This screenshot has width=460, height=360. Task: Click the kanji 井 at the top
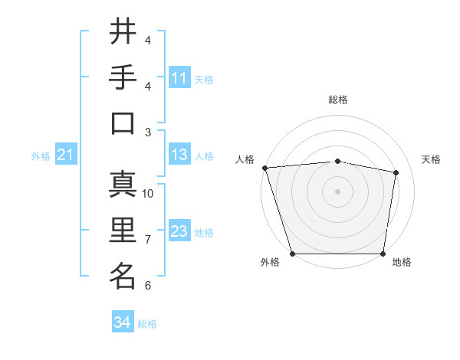pos(123,33)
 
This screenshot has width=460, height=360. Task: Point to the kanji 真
pos(123,186)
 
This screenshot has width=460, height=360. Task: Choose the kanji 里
pos(123,231)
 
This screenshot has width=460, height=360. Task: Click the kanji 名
pos(123,276)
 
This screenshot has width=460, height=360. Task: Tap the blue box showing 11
pos(179,77)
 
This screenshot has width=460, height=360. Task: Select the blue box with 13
pos(179,155)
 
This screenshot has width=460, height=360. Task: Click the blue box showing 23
pos(179,231)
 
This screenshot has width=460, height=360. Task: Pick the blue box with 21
pos(66,155)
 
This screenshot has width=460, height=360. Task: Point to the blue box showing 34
pos(123,322)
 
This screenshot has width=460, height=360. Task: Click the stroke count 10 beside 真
pos(148,194)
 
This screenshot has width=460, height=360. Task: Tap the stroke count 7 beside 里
pos(148,240)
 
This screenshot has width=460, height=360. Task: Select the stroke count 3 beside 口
pos(148,132)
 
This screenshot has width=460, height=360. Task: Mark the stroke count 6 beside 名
pos(148,286)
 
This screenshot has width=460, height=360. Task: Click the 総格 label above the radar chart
pos(337,100)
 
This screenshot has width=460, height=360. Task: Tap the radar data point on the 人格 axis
pos(264,168)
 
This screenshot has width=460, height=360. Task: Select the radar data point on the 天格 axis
pos(396,172)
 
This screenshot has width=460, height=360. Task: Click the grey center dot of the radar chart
pos(337,191)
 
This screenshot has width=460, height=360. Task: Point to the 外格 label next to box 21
pos(41,156)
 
